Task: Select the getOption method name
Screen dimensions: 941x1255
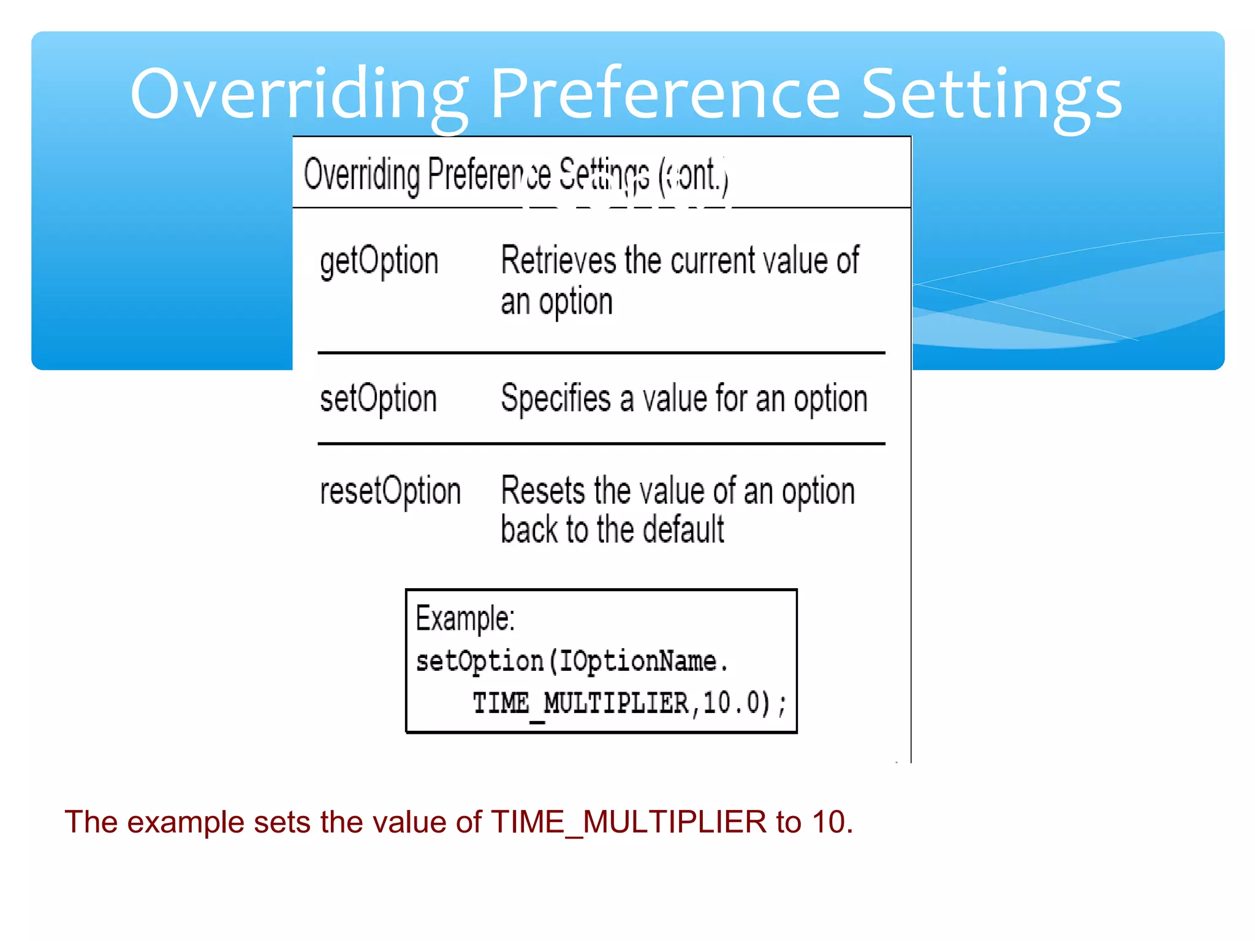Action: tap(379, 262)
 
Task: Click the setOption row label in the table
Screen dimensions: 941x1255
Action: tap(378, 399)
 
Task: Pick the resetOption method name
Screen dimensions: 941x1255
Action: tap(390, 492)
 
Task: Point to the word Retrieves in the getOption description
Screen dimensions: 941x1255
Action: tap(558, 260)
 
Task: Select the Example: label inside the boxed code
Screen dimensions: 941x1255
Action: tap(465, 619)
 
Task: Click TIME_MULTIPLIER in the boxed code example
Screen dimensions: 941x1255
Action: tap(580, 703)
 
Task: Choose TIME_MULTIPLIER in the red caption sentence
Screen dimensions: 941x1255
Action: tap(629, 822)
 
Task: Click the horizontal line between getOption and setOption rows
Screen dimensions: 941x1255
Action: tap(601, 353)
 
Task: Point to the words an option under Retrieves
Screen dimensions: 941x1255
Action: tap(556, 303)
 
